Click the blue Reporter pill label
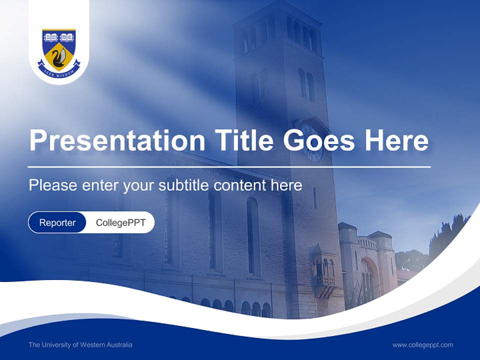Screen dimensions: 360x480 pos(57,222)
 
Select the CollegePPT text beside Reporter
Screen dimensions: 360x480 pos(120,222)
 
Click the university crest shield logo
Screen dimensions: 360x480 pos(59,50)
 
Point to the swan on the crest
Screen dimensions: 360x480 pos(59,56)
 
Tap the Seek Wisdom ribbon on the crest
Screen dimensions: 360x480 pos(59,72)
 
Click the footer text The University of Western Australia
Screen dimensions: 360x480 pos(80,344)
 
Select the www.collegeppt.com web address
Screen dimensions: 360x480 pos(422,344)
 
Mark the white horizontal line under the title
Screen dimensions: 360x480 pos(229,166)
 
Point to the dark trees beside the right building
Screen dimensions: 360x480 pos(447,235)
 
